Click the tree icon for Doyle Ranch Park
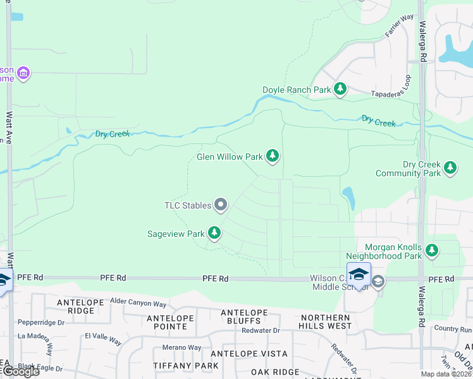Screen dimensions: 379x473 coord(341,89)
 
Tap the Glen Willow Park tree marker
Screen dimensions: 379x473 coord(273,155)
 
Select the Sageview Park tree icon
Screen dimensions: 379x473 coord(214,233)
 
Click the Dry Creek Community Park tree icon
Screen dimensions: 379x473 coord(450,167)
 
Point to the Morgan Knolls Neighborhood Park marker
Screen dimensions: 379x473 coord(432,251)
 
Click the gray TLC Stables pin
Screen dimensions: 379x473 coord(221,204)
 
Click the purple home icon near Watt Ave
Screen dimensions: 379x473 coord(23,73)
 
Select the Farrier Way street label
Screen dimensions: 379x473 coord(400,26)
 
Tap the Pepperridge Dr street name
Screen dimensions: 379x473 coord(42,322)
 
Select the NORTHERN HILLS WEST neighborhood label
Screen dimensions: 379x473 coord(326,322)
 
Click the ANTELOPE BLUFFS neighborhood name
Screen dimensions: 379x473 coord(243,316)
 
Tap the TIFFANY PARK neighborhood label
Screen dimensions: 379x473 coord(186,366)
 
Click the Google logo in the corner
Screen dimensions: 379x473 coord(20,371)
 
